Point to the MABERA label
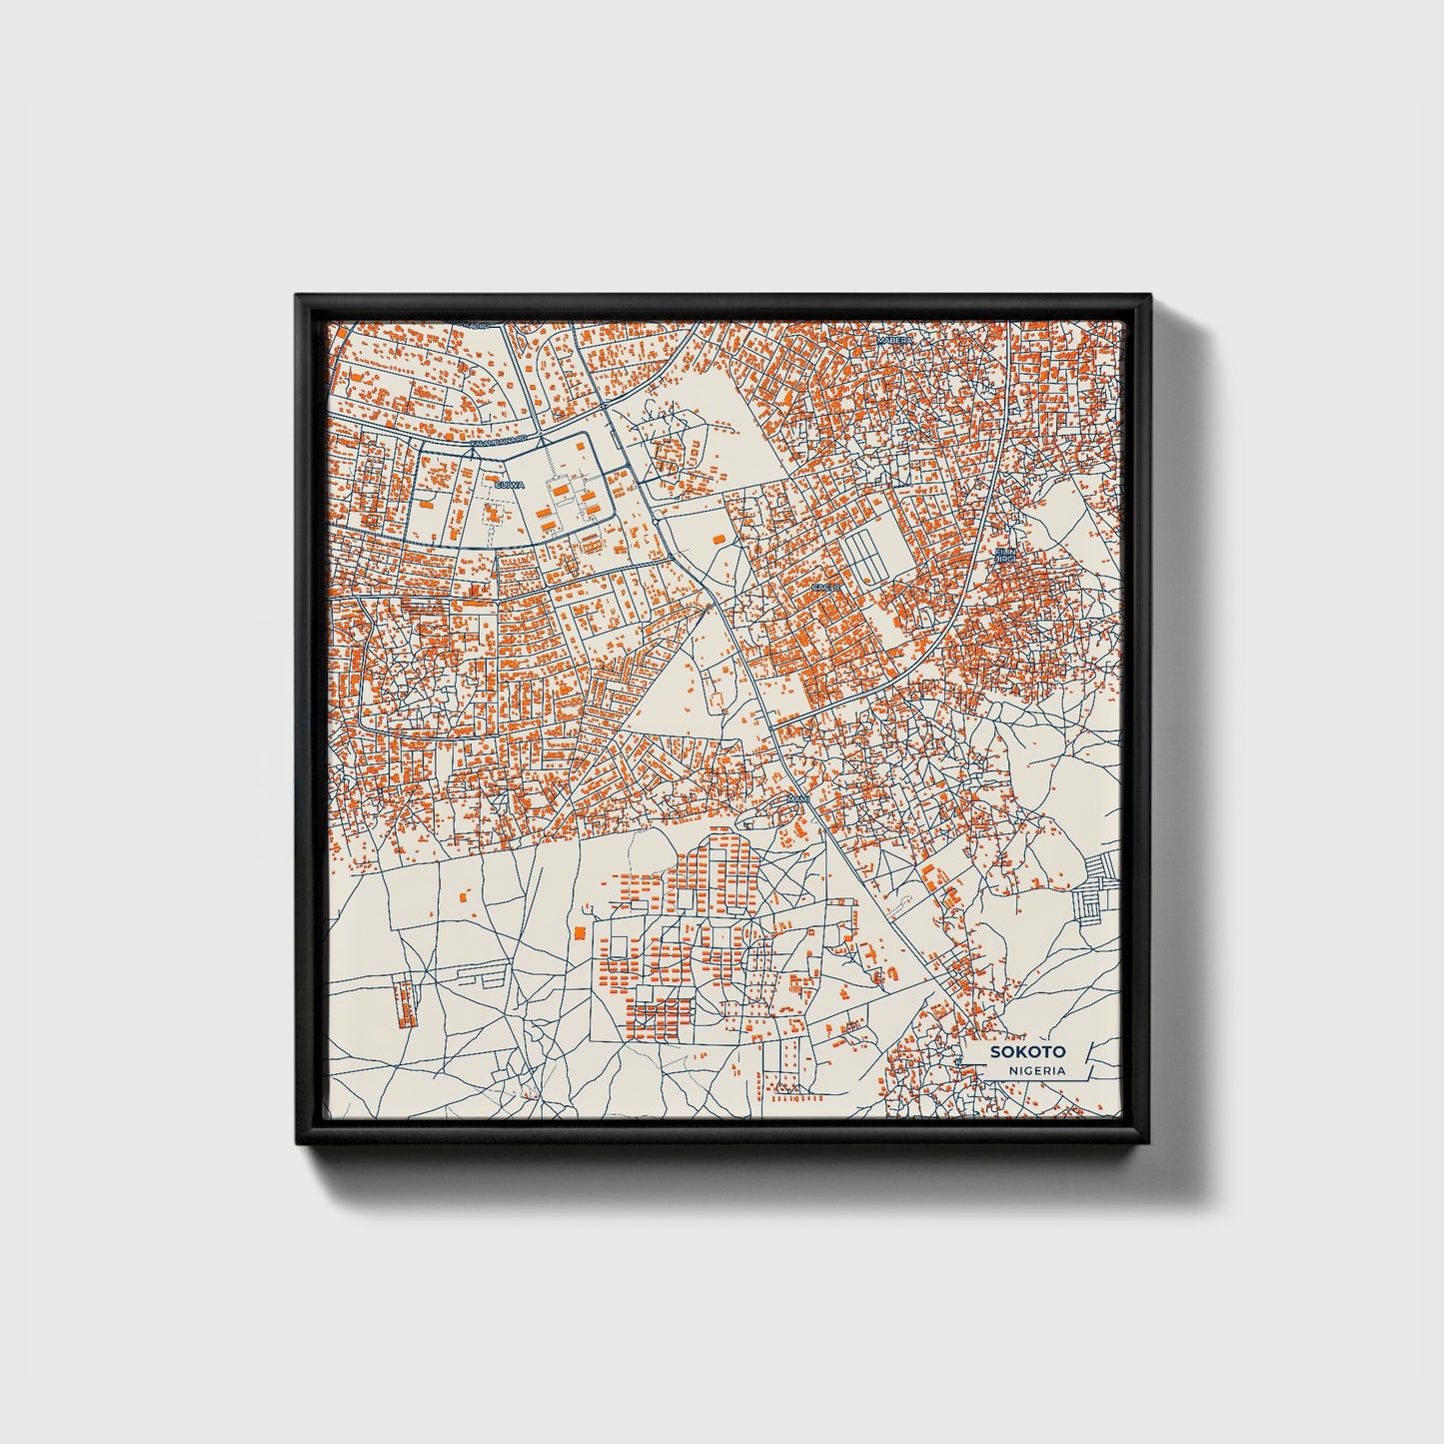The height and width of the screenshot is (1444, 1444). click(x=894, y=341)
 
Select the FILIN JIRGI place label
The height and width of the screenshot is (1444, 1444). click(x=1003, y=554)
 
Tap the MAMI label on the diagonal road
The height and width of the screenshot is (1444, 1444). click(x=797, y=799)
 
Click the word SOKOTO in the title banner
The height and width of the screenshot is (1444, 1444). click(x=1027, y=1051)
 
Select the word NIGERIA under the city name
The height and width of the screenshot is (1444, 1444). click(x=1036, y=1070)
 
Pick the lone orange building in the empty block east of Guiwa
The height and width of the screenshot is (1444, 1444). click(x=718, y=539)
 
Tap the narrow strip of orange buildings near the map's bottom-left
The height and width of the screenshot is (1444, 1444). click(x=405, y=1002)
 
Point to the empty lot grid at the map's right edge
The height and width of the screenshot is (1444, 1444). click(x=1097, y=888)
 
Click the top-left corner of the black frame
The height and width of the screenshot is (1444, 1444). click(x=297, y=296)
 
